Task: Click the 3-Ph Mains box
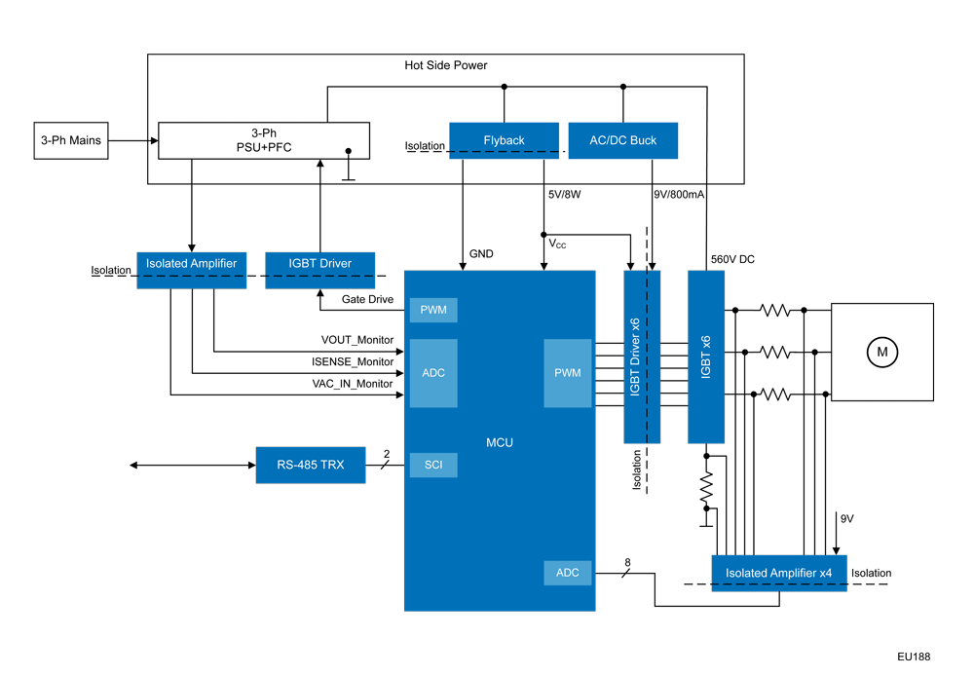click(x=71, y=140)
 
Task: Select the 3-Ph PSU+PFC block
click(x=264, y=140)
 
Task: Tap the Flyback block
click(x=504, y=140)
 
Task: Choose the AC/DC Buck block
click(x=622, y=140)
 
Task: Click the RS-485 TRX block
click(x=310, y=465)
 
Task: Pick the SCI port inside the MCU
click(x=433, y=465)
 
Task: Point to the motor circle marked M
click(x=881, y=352)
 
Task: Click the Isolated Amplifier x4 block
click(x=778, y=573)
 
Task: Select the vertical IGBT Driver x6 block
click(x=641, y=357)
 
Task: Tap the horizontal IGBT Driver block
click(x=319, y=263)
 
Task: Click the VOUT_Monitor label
click(x=357, y=340)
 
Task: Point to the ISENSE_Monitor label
click(x=353, y=361)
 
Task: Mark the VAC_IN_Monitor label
click(x=353, y=383)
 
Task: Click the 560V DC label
click(x=733, y=259)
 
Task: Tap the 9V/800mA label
click(x=679, y=194)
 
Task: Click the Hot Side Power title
click(x=446, y=65)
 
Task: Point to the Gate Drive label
click(x=367, y=299)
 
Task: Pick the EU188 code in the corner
click(x=914, y=657)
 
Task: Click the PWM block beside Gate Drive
click(x=433, y=310)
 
